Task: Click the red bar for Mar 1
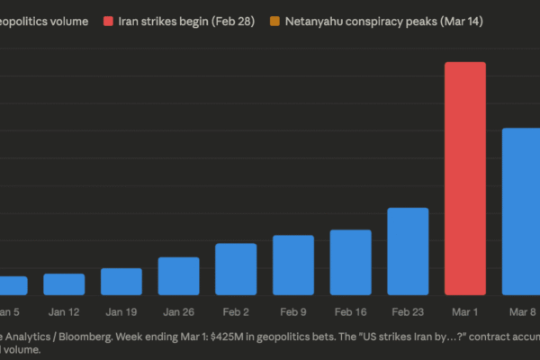pos(465,178)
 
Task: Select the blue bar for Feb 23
pos(408,251)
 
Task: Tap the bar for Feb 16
pos(350,262)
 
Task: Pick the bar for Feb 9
pos(292,265)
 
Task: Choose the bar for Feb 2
pos(236,269)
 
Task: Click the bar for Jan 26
pos(178,275)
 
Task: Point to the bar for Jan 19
pos(121,281)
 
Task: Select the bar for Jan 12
pos(64,283)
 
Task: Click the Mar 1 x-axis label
pos(465,311)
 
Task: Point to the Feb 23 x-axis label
pos(408,311)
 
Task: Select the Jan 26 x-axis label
pos(178,311)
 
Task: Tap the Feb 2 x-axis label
pos(236,311)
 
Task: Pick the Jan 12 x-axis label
pos(64,311)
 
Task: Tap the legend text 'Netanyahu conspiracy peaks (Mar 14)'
pos(384,20)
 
